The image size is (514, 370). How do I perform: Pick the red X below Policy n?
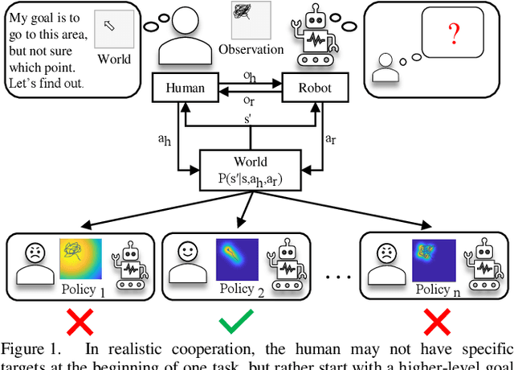point(435,323)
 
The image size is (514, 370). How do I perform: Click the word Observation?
point(251,50)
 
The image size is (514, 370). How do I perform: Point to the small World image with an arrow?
point(113,29)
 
